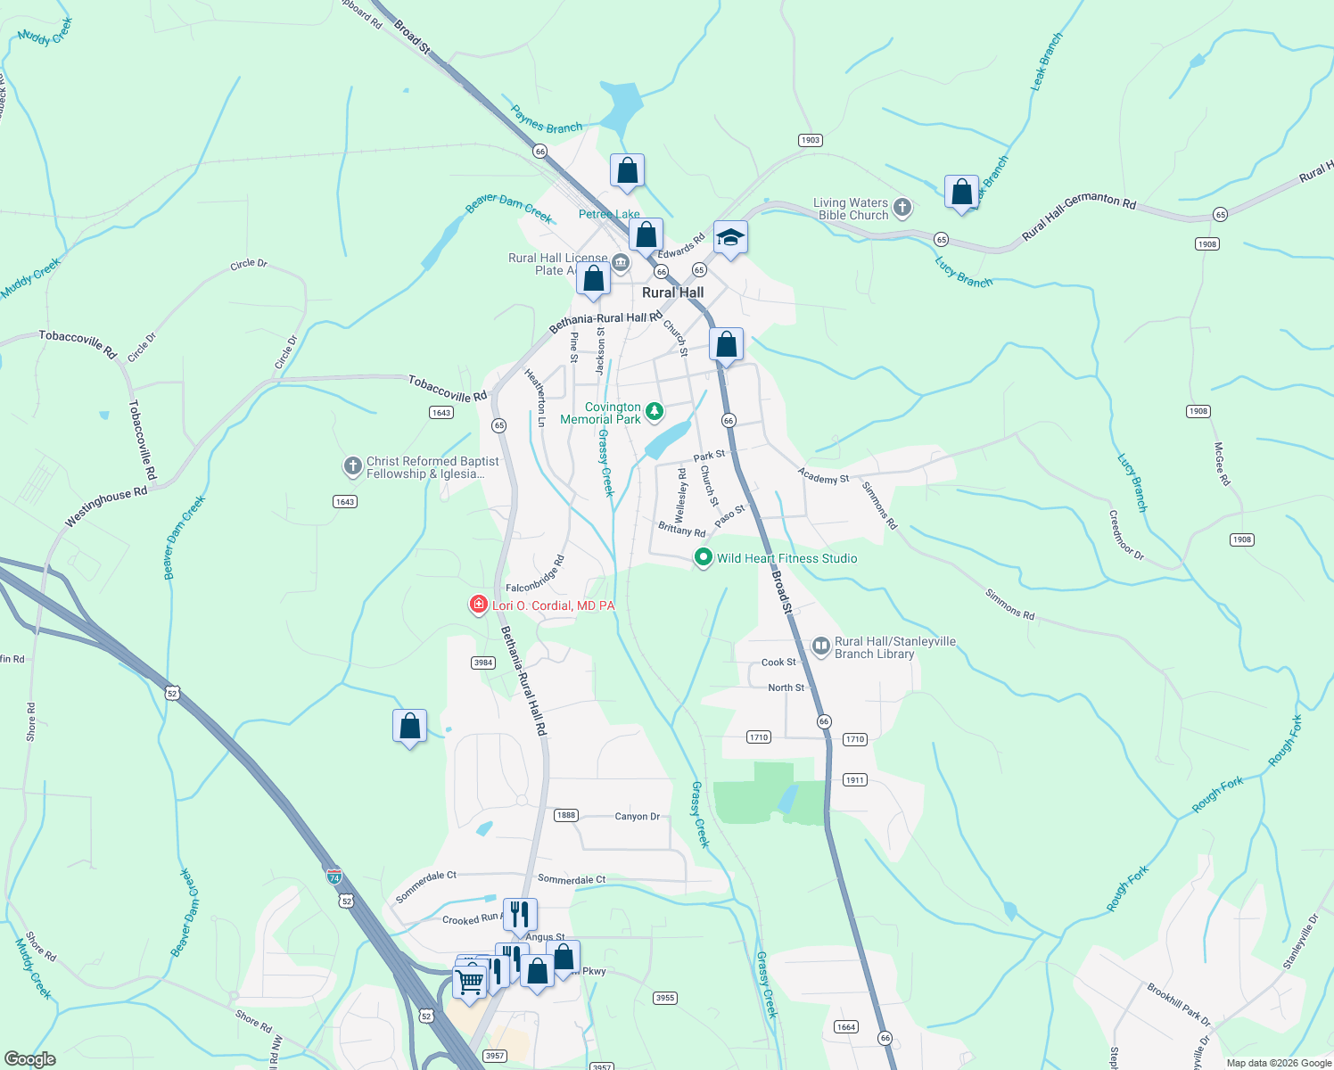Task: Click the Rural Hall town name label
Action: click(x=672, y=292)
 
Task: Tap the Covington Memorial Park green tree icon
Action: click(x=655, y=411)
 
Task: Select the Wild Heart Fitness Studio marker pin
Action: click(x=704, y=558)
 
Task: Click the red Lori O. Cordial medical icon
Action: click(x=479, y=605)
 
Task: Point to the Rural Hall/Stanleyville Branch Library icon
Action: click(x=821, y=646)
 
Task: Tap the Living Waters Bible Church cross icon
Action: click(x=902, y=208)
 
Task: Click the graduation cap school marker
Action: click(x=730, y=238)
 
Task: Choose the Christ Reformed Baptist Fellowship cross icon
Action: click(x=353, y=465)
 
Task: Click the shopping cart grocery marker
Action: click(x=469, y=982)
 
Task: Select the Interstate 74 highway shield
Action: click(x=333, y=877)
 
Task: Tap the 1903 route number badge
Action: click(x=810, y=140)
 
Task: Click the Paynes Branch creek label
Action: click(x=547, y=120)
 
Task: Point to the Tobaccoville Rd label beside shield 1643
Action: click(x=448, y=388)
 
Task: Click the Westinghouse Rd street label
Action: click(x=106, y=507)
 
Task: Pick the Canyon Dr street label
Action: click(x=637, y=816)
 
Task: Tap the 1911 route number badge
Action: click(x=854, y=780)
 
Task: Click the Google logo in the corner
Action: click(x=29, y=1059)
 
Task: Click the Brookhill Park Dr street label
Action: click(x=1179, y=1005)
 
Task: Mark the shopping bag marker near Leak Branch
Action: click(x=961, y=193)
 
